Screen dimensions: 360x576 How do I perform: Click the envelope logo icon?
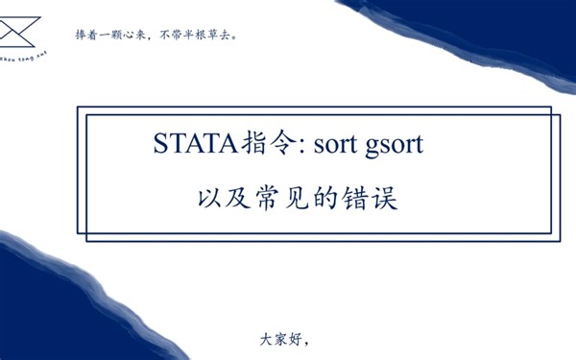click(17, 35)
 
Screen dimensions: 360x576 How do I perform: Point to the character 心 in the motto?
click(128, 36)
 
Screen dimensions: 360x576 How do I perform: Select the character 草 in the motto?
click(207, 36)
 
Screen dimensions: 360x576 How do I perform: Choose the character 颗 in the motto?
click(115, 36)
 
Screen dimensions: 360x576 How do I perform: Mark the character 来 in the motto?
click(140, 36)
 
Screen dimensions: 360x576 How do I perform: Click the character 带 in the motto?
click(174, 36)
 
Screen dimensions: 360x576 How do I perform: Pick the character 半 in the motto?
click(185, 36)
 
